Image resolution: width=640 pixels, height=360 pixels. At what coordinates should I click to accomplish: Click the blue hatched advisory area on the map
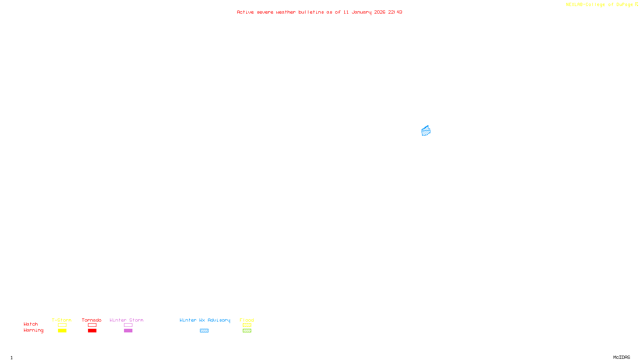426,131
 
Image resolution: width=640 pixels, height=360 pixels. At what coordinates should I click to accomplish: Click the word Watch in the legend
31,324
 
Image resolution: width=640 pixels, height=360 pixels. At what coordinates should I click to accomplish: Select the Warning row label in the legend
33,330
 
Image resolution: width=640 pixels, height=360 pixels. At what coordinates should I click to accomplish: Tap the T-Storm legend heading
62,320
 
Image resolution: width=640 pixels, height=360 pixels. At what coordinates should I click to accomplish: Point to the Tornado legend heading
92,320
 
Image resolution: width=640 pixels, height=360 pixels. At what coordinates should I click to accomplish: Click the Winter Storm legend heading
126,320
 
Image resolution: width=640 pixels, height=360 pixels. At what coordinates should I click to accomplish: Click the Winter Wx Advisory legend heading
205,320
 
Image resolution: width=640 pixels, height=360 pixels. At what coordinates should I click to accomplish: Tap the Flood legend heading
247,320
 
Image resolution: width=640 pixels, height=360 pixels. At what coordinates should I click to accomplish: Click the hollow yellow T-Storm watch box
62,325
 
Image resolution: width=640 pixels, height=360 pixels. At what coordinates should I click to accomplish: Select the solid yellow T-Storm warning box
62,331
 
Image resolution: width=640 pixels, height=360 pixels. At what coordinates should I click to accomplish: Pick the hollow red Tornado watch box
92,325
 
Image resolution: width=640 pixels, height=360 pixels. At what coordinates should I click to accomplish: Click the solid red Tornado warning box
92,331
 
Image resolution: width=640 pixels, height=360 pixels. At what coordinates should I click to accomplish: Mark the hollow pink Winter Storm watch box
128,325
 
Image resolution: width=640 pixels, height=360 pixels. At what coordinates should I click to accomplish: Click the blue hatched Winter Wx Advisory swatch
204,331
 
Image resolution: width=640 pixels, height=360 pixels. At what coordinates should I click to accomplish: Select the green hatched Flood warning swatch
247,331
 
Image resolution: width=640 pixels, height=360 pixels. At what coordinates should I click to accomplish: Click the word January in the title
362,12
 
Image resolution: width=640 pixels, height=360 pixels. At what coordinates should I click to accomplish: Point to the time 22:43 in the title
395,12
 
